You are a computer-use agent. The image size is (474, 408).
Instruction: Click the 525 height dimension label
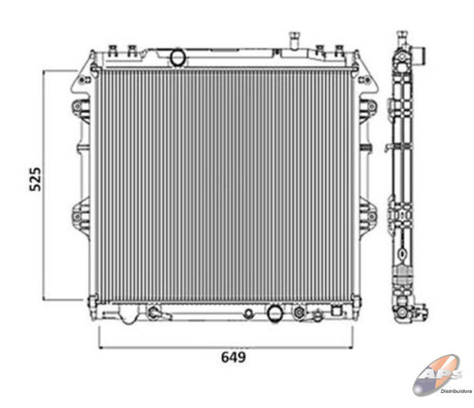[36, 179]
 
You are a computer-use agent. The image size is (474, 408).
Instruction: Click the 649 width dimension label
[233, 357]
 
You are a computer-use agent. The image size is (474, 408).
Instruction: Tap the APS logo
[438, 375]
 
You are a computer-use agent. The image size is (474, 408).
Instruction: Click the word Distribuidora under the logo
[456, 391]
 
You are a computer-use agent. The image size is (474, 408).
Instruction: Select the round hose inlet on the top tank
[178, 57]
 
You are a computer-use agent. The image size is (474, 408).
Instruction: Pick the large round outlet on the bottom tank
[275, 313]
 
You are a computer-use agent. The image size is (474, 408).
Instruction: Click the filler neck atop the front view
[294, 40]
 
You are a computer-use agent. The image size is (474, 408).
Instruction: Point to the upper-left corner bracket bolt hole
[81, 80]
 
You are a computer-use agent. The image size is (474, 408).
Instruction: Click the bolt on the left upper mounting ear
[77, 107]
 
